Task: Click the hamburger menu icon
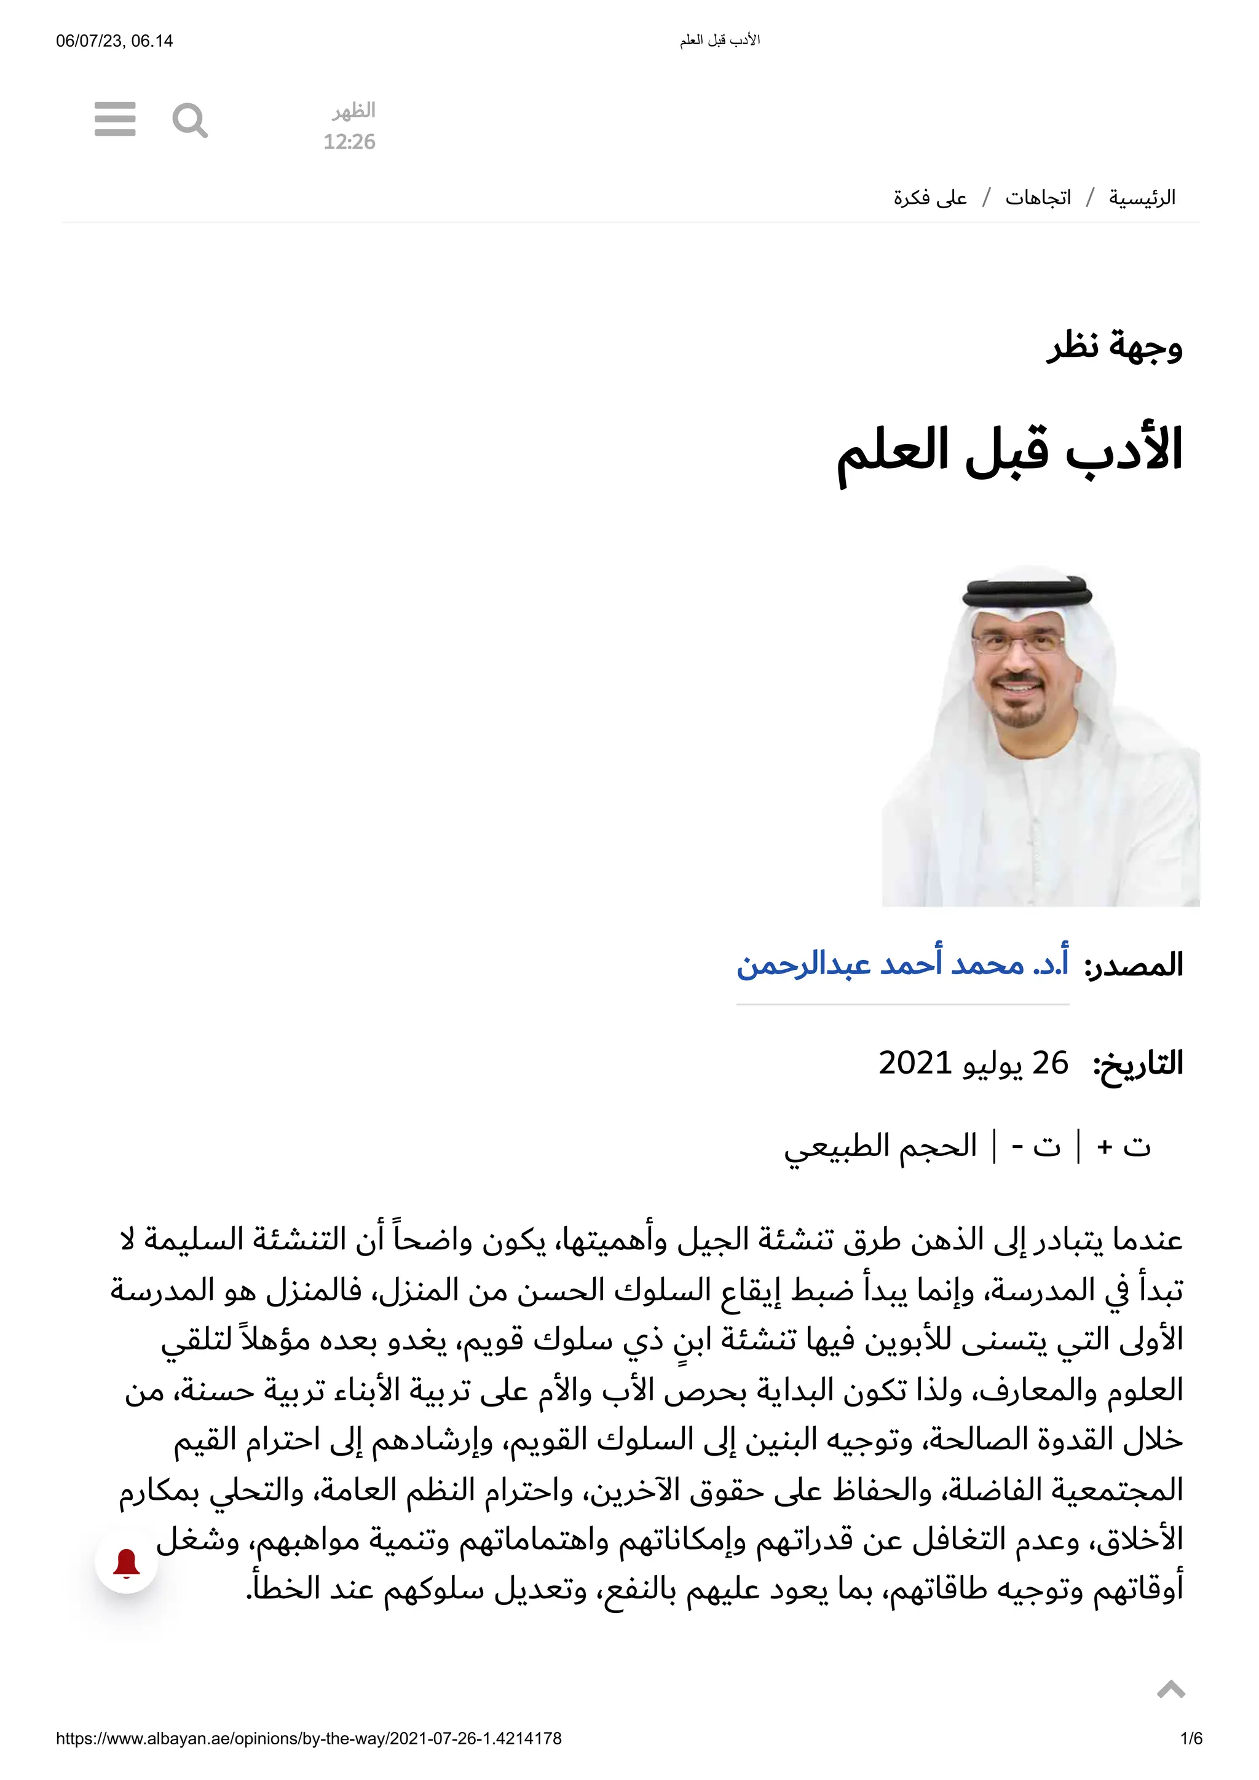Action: (x=115, y=119)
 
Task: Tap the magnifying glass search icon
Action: (x=189, y=120)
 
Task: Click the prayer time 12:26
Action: (x=349, y=142)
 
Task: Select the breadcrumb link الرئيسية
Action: (x=1141, y=198)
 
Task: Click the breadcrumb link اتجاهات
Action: (x=1038, y=198)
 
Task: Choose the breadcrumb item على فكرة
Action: (x=930, y=198)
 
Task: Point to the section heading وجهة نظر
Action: (x=1114, y=346)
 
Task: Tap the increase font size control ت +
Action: (x=1124, y=1146)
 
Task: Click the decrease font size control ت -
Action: (x=1036, y=1146)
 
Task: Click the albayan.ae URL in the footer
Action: (x=309, y=1754)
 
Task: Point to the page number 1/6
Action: (x=1191, y=1754)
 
